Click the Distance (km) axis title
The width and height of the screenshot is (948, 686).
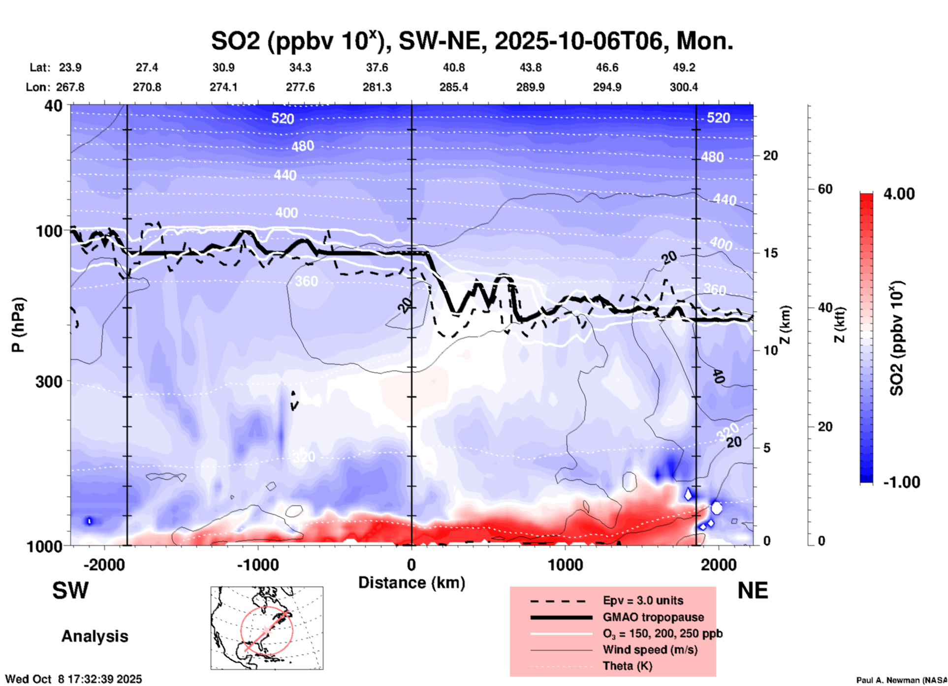(x=411, y=583)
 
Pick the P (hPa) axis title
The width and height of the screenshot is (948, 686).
(x=18, y=325)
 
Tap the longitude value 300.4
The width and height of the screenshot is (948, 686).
(x=684, y=87)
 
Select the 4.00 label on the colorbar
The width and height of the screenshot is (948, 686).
(x=899, y=193)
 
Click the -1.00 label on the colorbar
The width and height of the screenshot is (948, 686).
(x=901, y=482)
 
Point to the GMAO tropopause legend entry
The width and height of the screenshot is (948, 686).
(x=653, y=617)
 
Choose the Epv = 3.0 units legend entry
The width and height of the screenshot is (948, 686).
(x=643, y=600)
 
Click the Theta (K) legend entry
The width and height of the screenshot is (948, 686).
(x=627, y=666)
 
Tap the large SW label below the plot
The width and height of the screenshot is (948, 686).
(x=70, y=591)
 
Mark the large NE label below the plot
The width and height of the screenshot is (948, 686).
(x=753, y=591)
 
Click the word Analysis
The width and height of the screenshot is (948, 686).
(x=95, y=636)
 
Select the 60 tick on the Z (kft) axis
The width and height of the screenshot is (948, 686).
(x=825, y=189)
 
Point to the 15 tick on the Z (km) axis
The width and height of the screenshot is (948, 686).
(x=770, y=253)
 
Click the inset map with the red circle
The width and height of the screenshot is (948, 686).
(x=267, y=628)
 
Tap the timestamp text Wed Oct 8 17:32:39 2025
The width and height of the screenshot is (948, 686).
(x=73, y=679)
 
